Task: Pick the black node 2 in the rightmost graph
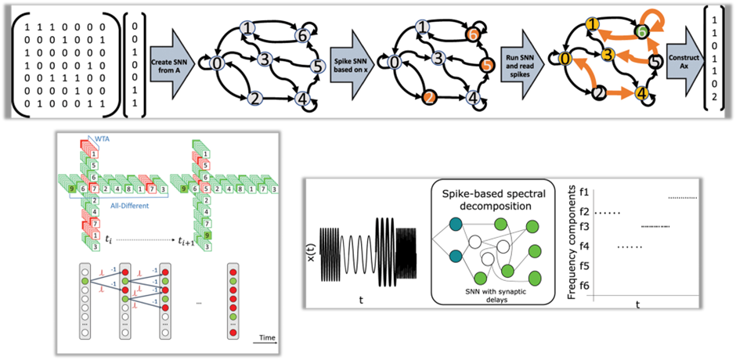click(x=597, y=95)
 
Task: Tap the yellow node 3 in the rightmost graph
click(x=606, y=55)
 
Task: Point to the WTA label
click(x=103, y=140)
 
